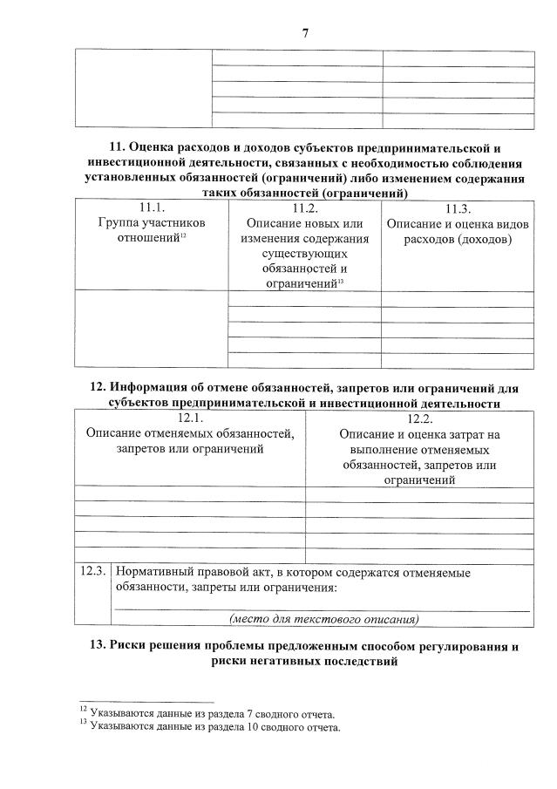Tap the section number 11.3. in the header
coord(458,208)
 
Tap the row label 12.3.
coord(92,572)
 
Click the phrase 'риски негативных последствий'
coord(304,662)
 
